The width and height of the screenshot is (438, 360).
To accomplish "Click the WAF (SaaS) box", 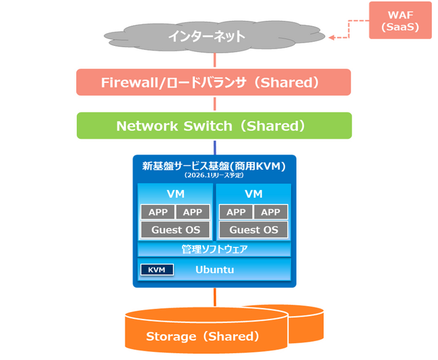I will (400, 20).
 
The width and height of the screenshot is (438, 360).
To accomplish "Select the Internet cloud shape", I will (215, 36).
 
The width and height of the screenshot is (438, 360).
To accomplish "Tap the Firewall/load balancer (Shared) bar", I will (214, 82).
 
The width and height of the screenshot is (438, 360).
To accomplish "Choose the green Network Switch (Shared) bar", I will (214, 125).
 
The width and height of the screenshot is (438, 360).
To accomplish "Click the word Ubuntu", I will (214, 270).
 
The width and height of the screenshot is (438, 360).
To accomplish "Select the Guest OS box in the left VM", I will (175, 229).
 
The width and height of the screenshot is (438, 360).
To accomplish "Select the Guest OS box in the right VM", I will (253, 229).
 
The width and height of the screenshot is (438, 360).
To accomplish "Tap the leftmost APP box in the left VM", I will (158, 212).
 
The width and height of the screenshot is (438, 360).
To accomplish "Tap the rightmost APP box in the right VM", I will (271, 212).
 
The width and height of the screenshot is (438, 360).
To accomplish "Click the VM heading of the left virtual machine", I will (175, 194).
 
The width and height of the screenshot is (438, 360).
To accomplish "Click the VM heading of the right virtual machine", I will (253, 194).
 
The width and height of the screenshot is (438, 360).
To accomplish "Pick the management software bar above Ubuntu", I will (214, 249).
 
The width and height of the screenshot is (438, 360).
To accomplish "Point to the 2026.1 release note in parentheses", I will (214, 175).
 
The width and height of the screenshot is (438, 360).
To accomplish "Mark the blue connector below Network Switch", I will (214, 146).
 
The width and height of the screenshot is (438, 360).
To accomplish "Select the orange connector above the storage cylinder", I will (214, 297).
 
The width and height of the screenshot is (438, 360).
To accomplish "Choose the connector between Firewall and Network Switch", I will (214, 104).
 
